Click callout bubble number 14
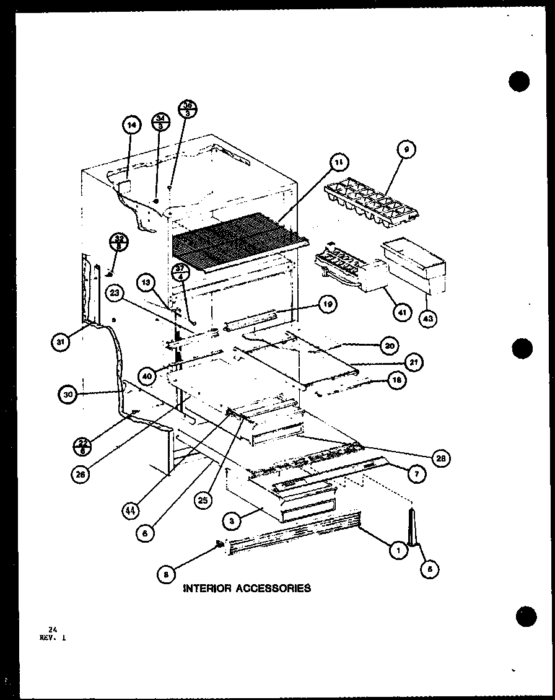click(x=131, y=125)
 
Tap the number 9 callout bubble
click(x=407, y=149)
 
